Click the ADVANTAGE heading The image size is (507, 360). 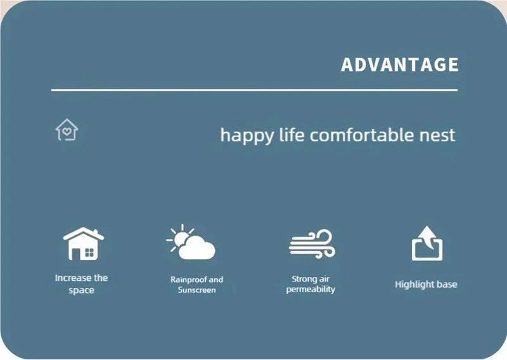click(x=400, y=65)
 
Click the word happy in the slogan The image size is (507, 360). click(x=247, y=136)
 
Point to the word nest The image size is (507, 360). click(x=437, y=136)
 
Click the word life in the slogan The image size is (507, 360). click(x=292, y=134)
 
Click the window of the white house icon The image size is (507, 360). click(x=89, y=253)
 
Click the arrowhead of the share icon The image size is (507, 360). click(x=428, y=232)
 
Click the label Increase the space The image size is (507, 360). click(x=81, y=284)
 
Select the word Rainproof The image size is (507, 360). click(x=188, y=280)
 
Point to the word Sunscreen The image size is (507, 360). click(x=196, y=290)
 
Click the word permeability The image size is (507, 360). click(x=311, y=289)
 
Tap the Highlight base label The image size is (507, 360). click(x=426, y=285)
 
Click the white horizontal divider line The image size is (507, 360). click(x=254, y=90)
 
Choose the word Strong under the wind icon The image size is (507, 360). click(x=304, y=279)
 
